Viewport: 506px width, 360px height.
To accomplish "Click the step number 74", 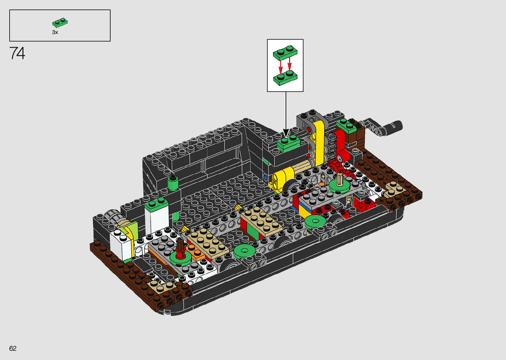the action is click(17, 53).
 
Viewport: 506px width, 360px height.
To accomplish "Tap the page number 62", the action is click(13, 348).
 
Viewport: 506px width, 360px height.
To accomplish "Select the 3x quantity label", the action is click(55, 32).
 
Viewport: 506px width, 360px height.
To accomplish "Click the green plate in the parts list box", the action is click(60, 22).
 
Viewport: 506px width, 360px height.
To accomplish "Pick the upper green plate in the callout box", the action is click(285, 53).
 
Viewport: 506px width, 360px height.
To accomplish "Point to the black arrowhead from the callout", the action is click(286, 133).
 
